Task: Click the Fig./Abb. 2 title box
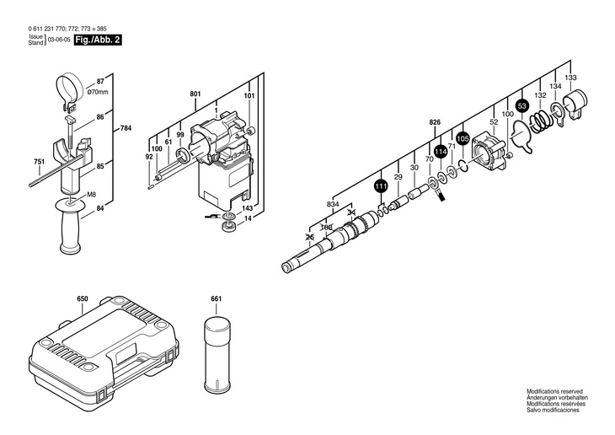click(x=98, y=40)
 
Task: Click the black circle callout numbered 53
click(x=521, y=105)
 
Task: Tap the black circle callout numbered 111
click(x=381, y=186)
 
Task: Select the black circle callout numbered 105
click(x=463, y=138)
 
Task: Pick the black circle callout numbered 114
click(x=441, y=152)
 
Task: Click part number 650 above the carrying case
click(x=83, y=298)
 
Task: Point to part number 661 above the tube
click(x=217, y=298)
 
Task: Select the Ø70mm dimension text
click(x=97, y=92)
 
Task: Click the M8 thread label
click(x=91, y=194)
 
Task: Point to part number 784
click(x=126, y=128)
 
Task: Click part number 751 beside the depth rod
click(x=40, y=161)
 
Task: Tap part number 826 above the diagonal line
click(x=435, y=122)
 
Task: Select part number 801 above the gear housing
click(x=195, y=94)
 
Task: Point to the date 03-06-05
click(x=59, y=40)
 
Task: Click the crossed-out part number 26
click(x=310, y=237)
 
